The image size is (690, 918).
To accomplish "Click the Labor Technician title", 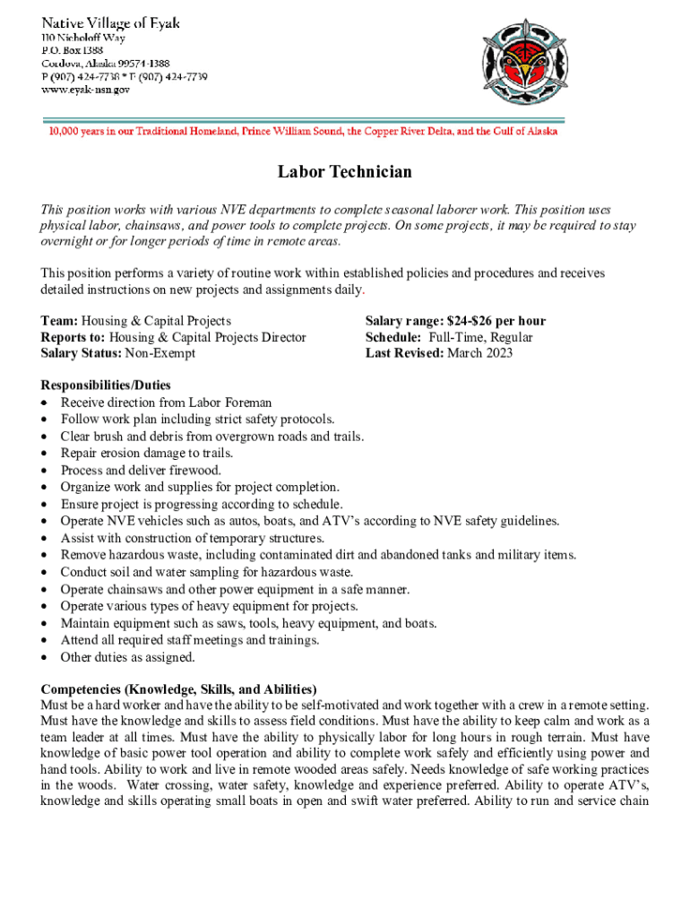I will [344, 172].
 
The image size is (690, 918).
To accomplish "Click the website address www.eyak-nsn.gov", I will [85, 90].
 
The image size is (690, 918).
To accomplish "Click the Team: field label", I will [59, 321].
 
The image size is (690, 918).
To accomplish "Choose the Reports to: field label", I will [73, 337].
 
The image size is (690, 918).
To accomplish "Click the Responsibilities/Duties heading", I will [106, 385].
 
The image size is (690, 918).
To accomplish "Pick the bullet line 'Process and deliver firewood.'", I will [141, 470].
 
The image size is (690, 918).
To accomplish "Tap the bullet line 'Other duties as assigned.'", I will [127, 657].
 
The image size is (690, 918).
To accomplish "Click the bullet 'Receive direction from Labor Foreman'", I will [166, 403].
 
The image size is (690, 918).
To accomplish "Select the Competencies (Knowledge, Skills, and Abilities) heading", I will [178, 689].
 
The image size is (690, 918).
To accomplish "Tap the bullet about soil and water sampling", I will [206, 572].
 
